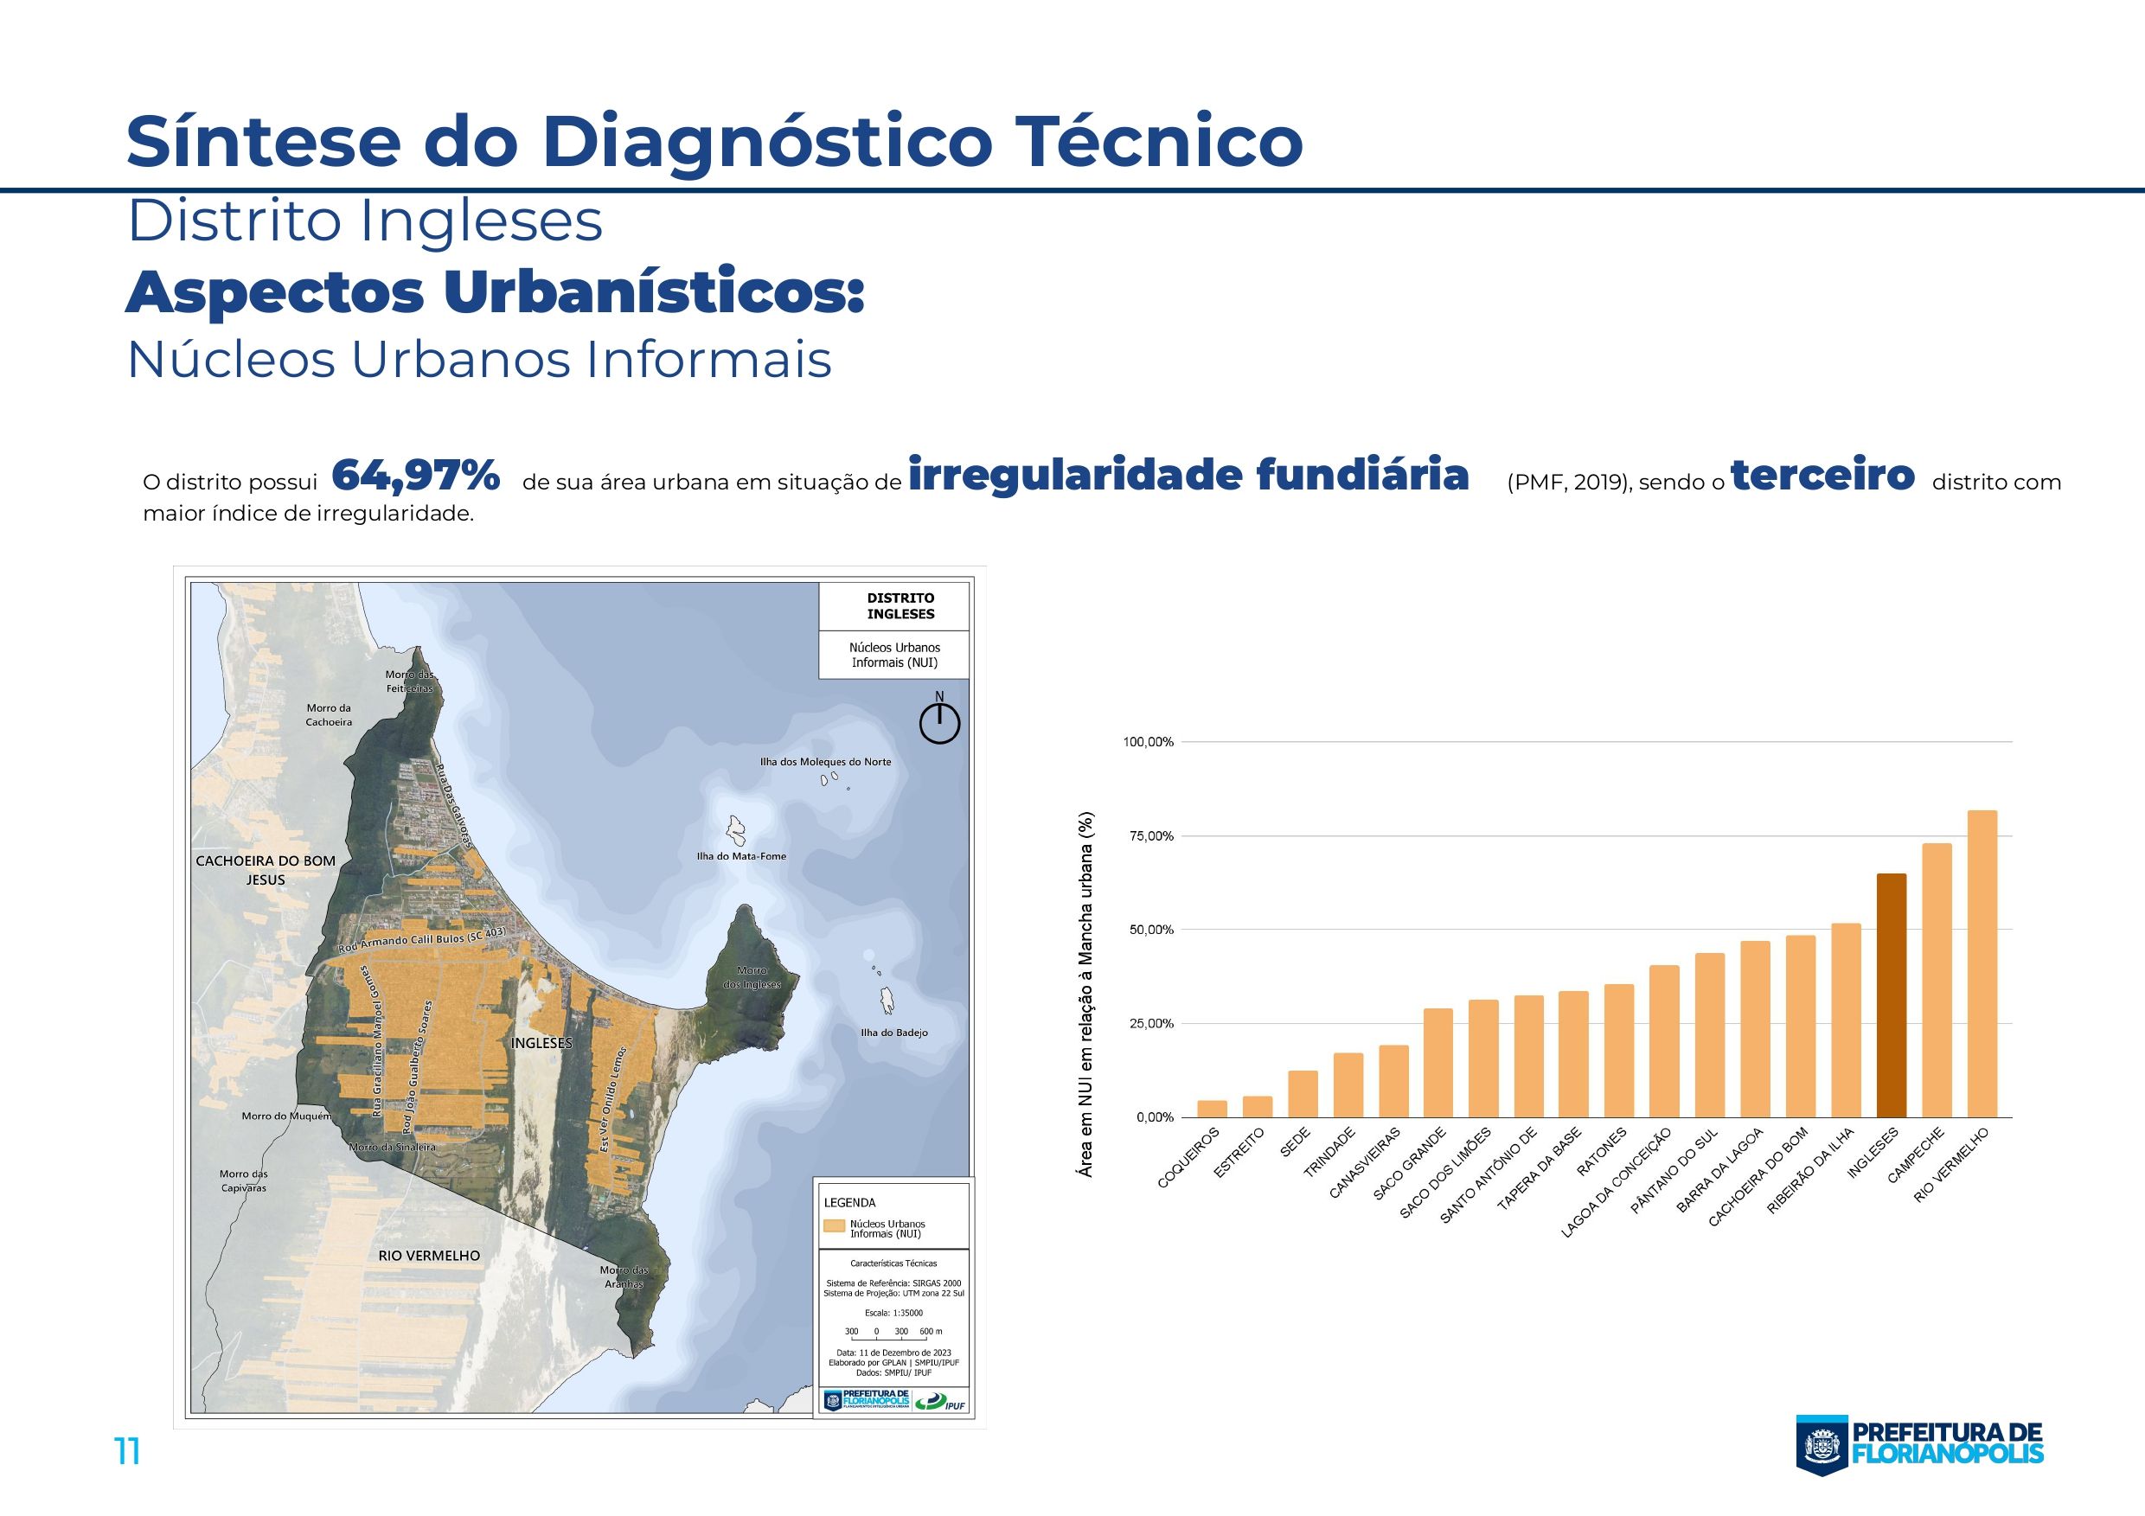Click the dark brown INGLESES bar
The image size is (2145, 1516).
click(1891, 995)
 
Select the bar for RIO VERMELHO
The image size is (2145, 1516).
click(1982, 964)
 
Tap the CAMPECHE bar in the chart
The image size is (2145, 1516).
click(1937, 980)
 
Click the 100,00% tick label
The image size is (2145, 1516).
click(1148, 742)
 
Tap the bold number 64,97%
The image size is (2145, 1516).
click(416, 477)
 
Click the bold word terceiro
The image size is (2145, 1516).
click(1822, 476)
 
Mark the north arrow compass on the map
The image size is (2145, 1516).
click(940, 721)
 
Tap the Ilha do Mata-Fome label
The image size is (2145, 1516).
click(741, 855)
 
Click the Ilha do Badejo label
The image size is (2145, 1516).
click(894, 1033)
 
